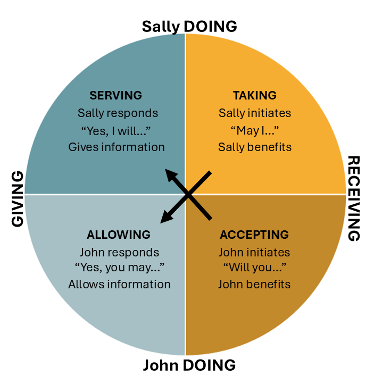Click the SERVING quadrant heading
click(116, 96)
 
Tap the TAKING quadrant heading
click(255, 96)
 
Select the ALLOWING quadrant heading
click(119, 235)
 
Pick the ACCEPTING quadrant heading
click(254, 235)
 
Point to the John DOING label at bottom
click(189, 366)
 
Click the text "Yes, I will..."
click(117, 130)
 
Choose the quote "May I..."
click(255, 130)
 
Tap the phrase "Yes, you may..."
click(119, 268)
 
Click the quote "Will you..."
click(254, 268)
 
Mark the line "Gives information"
click(117, 147)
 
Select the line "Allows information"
click(119, 285)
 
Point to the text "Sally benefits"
click(255, 147)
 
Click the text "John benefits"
click(254, 284)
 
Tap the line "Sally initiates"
click(255, 113)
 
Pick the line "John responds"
click(119, 252)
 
